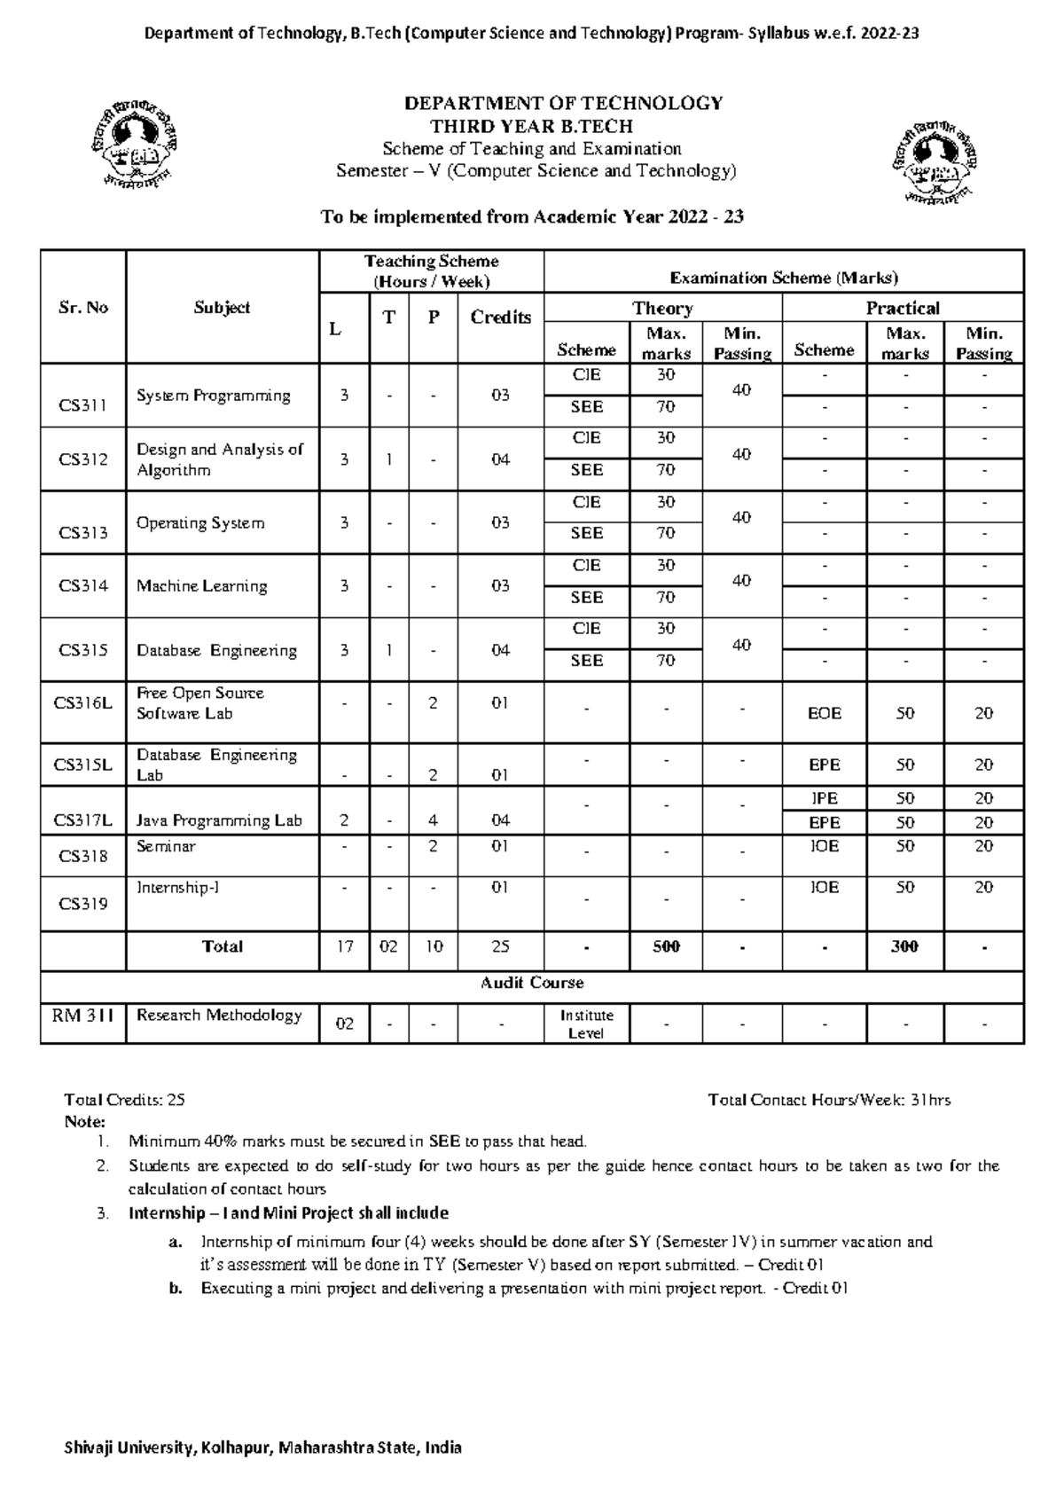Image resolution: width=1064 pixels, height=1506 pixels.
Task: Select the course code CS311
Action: pyautogui.click(x=83, y=406)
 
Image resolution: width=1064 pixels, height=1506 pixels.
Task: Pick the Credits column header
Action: pyautogui.click(x=500, y=318)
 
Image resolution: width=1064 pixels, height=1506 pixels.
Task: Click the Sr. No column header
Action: pyautogui.click(x=83, y=308)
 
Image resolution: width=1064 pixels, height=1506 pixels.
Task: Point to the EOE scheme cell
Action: pyautogui.click(x=824, y=713)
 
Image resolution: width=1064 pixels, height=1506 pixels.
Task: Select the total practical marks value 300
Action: pyautogui.click(x=904, y=947)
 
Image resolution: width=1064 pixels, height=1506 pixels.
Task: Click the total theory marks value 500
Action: pyautogui.click(x=666, y=947)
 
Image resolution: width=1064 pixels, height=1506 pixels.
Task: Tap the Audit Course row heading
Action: pyautogui.click(x=532, y=983)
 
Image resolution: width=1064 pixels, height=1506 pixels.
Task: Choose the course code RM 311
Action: pyautogui.click(x=83, y=1016)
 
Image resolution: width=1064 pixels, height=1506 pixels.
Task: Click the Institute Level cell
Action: pyautogui.click(x=586, y=1024)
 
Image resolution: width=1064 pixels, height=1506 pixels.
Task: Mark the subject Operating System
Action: pyautogui.click(x=200, y=523)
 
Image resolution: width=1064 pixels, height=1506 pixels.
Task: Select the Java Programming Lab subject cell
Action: pyautogui.click(x=219, y=821)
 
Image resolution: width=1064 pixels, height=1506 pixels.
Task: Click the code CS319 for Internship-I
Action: pyautogui.click(x=83, y=904)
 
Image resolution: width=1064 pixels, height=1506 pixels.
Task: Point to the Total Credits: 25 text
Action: pyautogui.click(x=125, y=1100)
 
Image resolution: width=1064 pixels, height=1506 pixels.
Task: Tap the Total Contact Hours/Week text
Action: pyautogui.click(x=829, y=1100)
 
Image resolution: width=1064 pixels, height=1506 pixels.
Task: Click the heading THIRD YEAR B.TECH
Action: pyautogui.click(x=531, y=126)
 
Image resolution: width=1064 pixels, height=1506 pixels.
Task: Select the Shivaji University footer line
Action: pyautogui.click(x=263, y=1448)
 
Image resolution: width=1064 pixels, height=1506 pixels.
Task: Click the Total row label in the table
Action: pyautogui.click(x=222, y=947)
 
